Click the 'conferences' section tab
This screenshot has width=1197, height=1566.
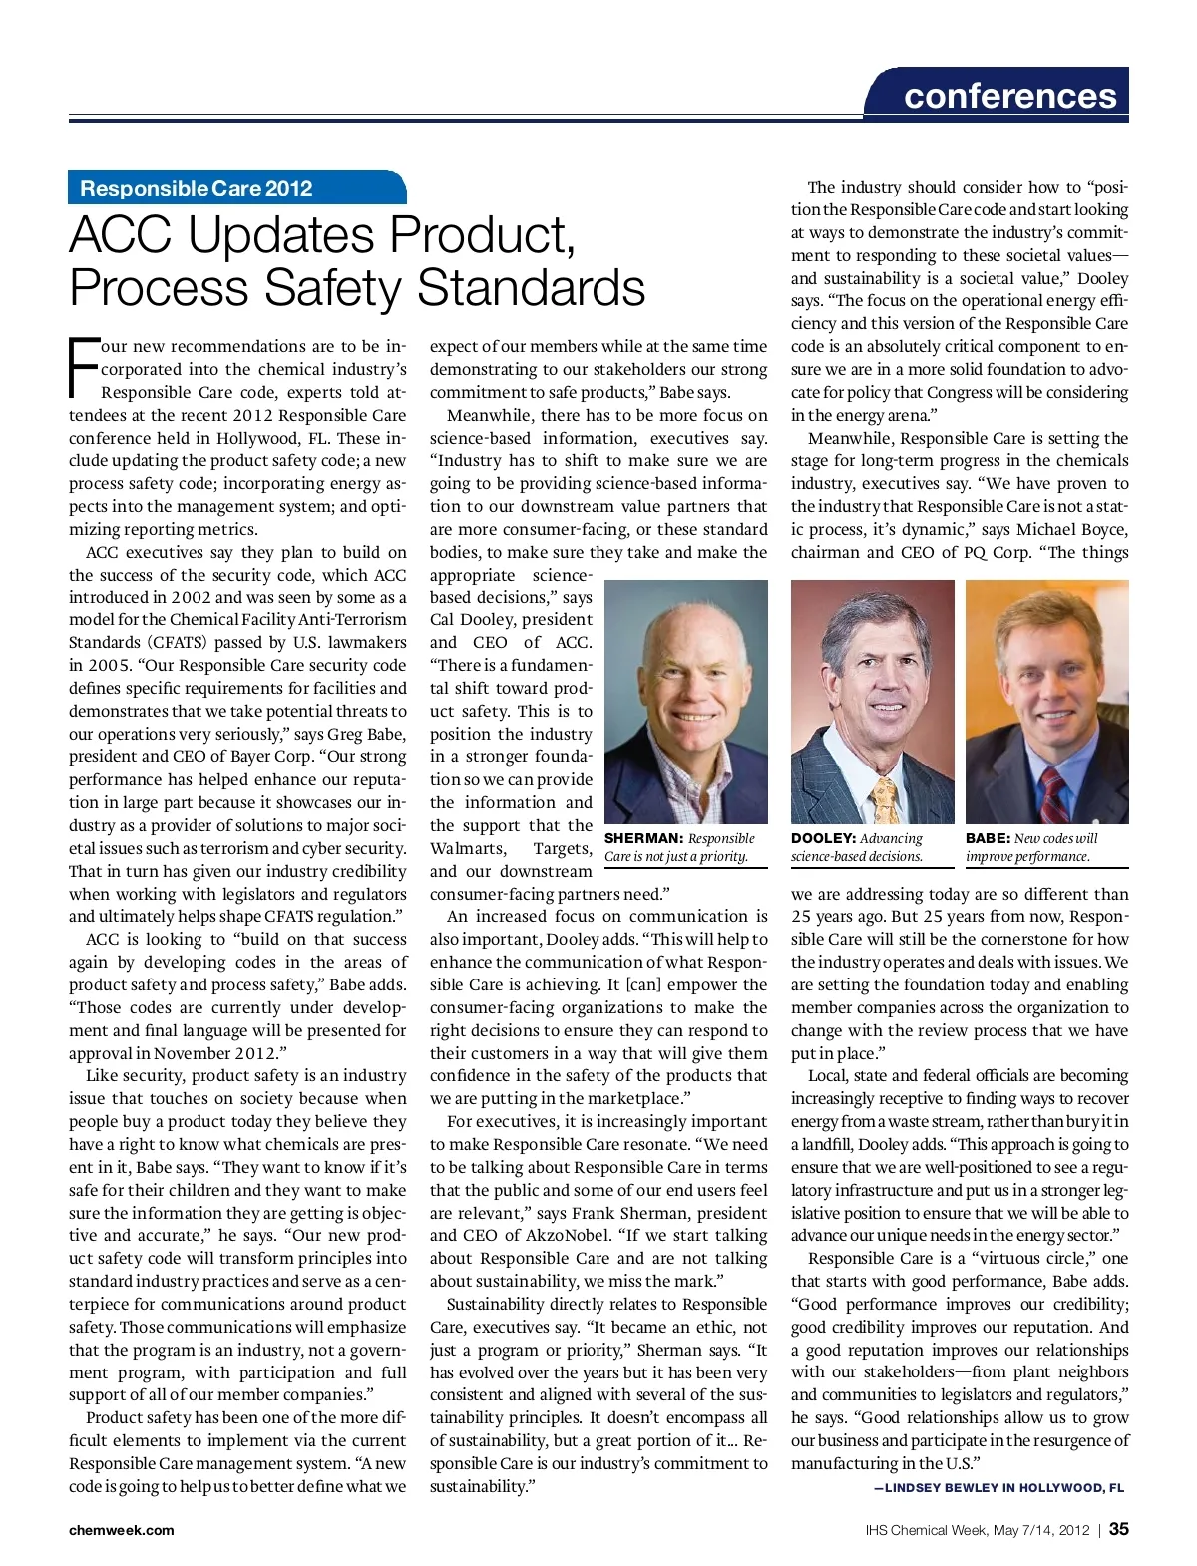(1009, 96)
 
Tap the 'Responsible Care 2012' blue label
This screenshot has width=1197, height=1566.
(197, 188)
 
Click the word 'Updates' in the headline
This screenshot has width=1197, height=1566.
(281, 236)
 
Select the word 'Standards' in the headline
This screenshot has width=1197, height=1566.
(531, 288)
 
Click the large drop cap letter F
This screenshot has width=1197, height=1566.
(83, 368)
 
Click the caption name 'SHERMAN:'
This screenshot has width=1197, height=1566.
(643, 839)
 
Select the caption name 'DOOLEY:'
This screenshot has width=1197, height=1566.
(823, 839)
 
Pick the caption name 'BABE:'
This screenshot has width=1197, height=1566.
(988, 839)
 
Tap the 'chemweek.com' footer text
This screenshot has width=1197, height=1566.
(121, 1530)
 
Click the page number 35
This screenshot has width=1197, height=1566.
(1118, 1529)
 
